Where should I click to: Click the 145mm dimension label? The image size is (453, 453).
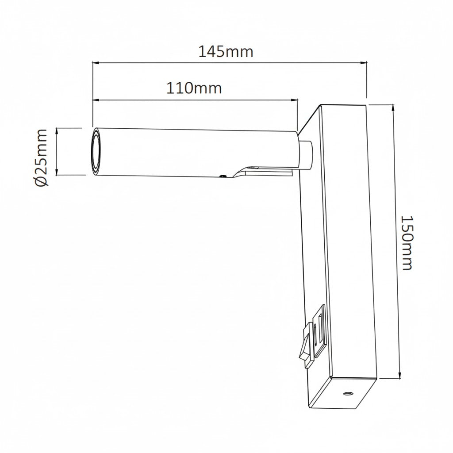[226, 52]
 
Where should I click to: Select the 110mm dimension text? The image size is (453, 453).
[194, 88]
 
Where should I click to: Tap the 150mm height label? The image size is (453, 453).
[406, 243]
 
